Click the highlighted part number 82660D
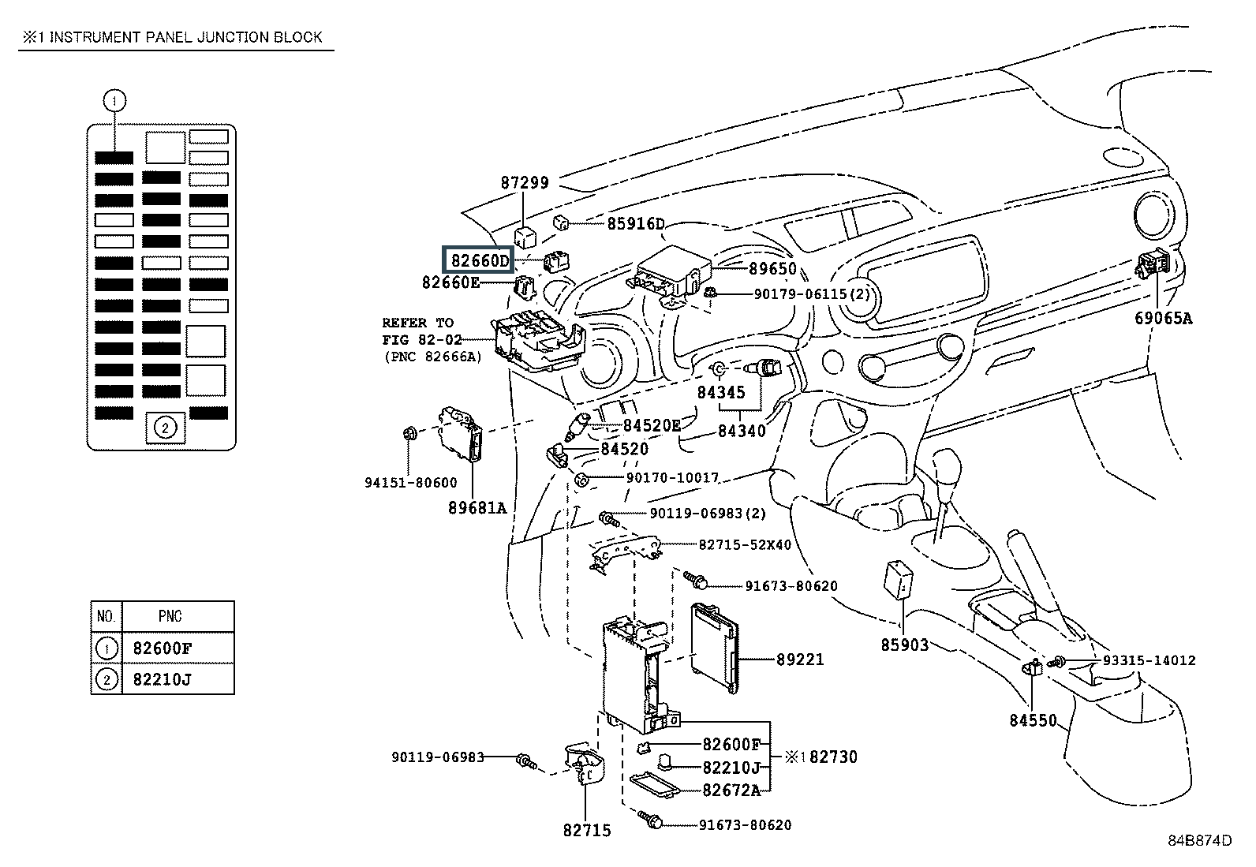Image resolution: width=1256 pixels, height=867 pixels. [480, 260]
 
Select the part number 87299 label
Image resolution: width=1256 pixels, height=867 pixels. [525, 182]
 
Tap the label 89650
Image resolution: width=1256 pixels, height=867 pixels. [772, 269]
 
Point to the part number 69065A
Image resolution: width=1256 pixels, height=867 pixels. [1164, 318]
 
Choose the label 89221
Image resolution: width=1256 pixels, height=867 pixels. [800, 659]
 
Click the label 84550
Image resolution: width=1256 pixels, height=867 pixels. [1033, 719]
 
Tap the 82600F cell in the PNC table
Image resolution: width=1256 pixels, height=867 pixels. [163, 648]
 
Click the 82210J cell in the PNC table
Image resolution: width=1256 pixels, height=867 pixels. [163, 679]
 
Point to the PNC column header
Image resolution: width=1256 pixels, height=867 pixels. [170, 616]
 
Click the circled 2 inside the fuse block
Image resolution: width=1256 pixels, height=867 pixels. [165, 428]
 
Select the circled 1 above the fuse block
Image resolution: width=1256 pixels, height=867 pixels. [115, 101]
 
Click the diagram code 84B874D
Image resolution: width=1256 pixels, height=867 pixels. [1200, 840]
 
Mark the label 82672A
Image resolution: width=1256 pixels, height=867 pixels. [731, 790]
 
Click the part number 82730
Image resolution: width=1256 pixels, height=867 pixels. [833, 757]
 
